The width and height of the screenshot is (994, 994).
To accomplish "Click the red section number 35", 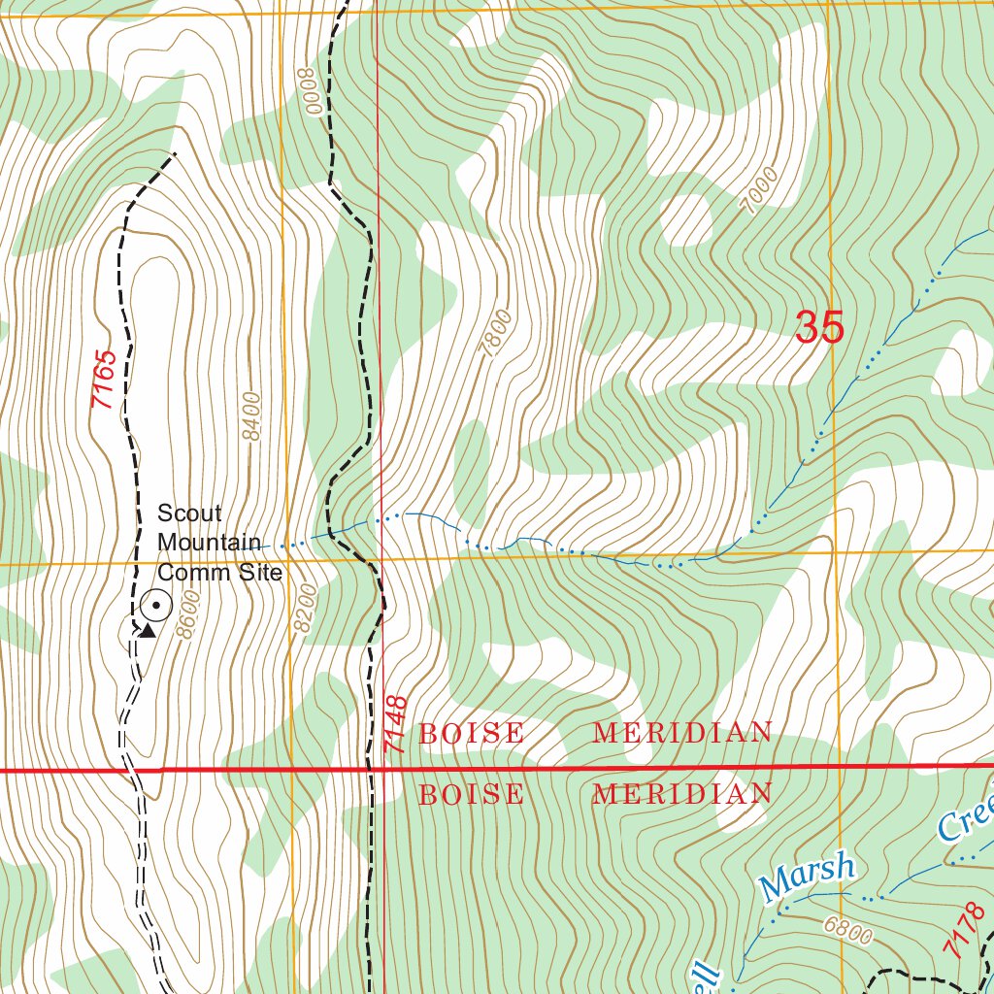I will pos(819,327).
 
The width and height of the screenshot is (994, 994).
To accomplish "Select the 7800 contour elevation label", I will pos(496,333).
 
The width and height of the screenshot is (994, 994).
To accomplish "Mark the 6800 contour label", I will pos(848,930).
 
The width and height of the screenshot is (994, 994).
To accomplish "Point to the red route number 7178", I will pos(961,935).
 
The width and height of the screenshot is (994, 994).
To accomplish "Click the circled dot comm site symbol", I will pos(155,607).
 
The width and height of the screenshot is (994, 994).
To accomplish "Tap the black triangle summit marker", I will pos(147,631).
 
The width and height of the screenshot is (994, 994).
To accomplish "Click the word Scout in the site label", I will pos(189,513).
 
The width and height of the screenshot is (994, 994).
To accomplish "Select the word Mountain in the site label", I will pos(209,543).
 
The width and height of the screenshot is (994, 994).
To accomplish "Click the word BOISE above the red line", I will pos(471,734).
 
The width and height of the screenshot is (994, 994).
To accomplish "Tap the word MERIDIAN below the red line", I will pos(682,795).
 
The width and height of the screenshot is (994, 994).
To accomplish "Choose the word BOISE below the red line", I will pos(471,795).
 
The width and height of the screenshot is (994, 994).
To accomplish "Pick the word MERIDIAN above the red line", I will pos(682,734).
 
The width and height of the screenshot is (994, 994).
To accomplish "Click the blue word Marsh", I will pos(808,876).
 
